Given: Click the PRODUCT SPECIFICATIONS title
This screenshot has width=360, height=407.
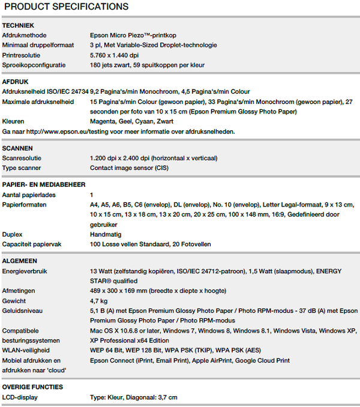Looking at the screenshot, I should (x=66, y=7).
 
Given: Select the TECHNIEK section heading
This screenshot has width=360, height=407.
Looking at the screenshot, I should (x=19, y=26).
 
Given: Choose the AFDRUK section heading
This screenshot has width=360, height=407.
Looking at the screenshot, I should (x=16, y=82).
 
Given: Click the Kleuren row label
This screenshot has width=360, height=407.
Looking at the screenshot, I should (x=13, y=121).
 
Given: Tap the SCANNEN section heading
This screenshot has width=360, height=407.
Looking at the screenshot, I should (x=18, y=148).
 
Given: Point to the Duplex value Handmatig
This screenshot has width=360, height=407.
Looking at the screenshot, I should (x=106, y=235).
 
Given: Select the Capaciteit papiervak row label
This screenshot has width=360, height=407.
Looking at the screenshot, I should (x=32, y=244).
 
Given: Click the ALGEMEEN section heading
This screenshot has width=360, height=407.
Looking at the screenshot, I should (x=20, y=261).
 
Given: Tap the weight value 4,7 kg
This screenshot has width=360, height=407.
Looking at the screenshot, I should (x=99, y=301).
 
